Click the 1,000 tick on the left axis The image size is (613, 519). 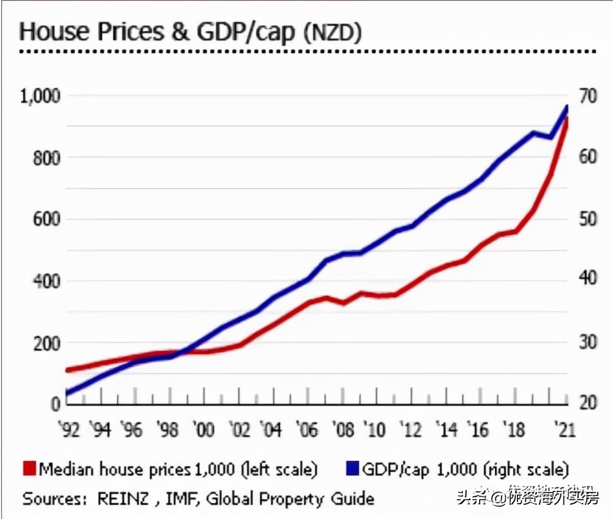point(40,96)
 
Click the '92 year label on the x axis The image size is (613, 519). point(69,430)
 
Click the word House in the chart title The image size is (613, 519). point(55,32)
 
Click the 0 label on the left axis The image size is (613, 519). point(55,403)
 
